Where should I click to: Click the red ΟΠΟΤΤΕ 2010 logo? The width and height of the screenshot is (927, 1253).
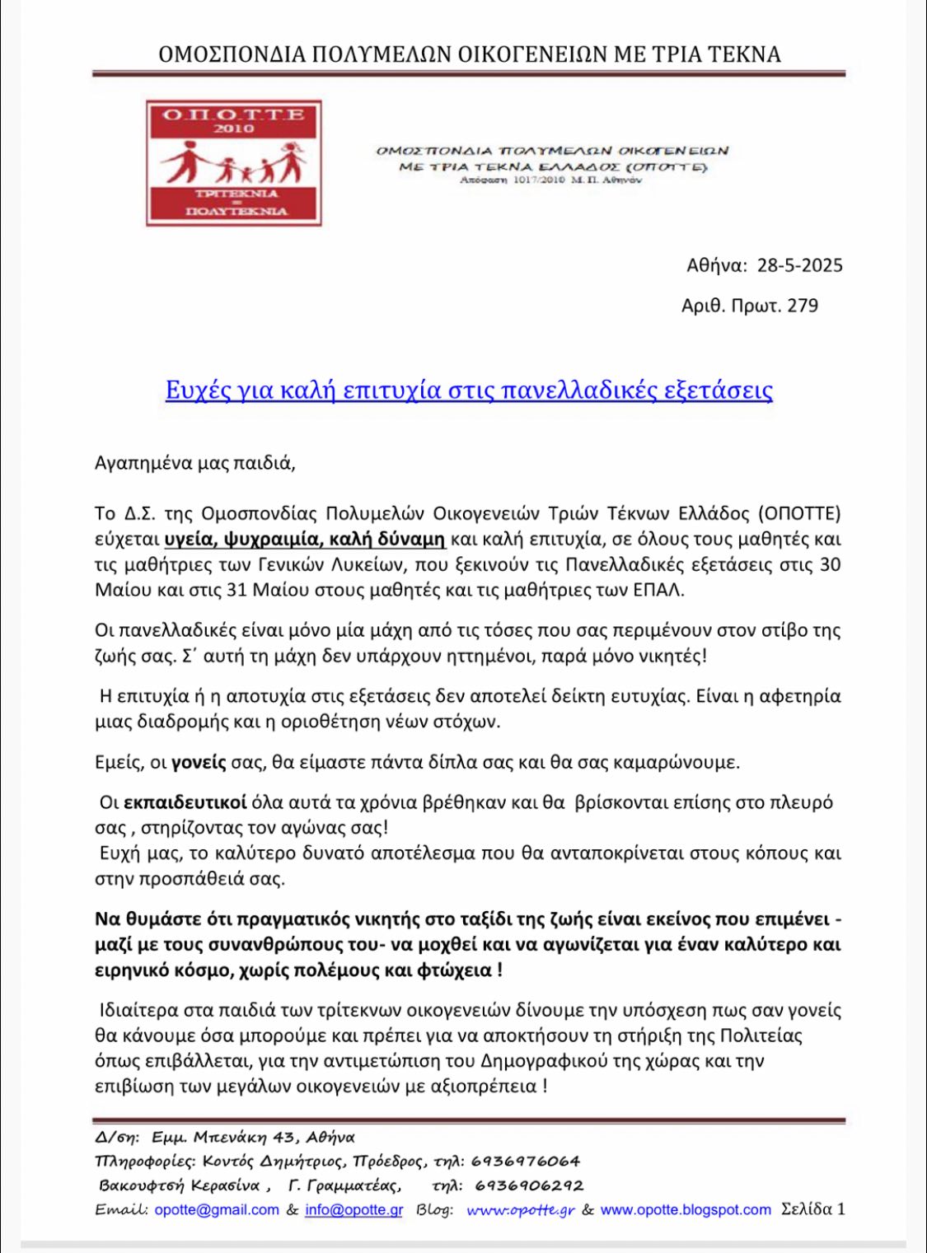[x=233, y=163]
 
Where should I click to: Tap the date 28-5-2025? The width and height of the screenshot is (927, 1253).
[x=799, y=265]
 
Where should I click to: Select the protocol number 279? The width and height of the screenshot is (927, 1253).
[x=803, y=306]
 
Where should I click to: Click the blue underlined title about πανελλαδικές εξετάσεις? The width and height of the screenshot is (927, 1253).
[x=469, y=390]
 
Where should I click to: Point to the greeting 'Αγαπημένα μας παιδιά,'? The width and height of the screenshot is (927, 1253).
[x=195, y=463]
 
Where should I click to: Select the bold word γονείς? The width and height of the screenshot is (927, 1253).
[x=199, y=762]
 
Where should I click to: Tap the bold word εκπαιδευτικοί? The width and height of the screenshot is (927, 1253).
[x=185, y=802]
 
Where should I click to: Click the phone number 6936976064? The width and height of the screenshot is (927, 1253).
[x=526, y=1162]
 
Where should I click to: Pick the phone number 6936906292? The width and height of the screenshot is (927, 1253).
[x=529, y=1186]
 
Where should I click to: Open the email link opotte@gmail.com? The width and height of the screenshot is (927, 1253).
[x=217, y=1210]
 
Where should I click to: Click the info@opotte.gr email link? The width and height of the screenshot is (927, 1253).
[x=354, y=1210]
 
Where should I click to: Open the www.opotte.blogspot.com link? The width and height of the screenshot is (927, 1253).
[x=686, y=1210]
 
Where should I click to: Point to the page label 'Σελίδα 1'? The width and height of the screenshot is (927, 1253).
[x=813, y=1210]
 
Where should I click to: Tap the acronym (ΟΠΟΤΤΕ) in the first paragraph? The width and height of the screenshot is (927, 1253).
[x=798, y=514]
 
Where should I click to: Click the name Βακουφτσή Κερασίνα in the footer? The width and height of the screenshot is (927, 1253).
[x=179, y=1186]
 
